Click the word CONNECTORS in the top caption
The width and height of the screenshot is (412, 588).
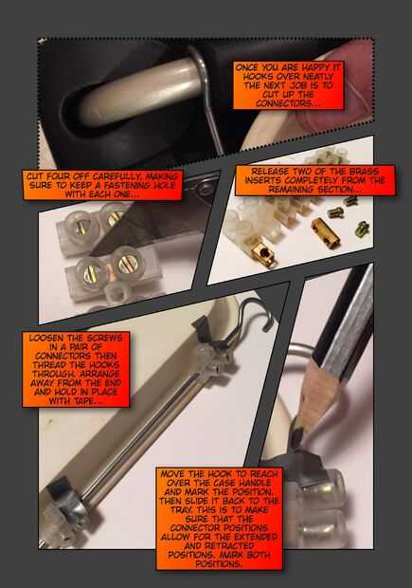click(287, 103)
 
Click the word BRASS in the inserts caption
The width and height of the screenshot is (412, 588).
click(364, 171)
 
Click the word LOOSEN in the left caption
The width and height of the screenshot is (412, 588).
click(46, 338)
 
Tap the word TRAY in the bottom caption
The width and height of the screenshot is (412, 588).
click(182, 510)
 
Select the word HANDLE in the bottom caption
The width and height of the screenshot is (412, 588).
click(258, 483)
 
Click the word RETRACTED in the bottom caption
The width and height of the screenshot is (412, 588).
click(229, 545)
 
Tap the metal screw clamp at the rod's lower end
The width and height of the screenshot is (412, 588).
click(66, 501)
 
